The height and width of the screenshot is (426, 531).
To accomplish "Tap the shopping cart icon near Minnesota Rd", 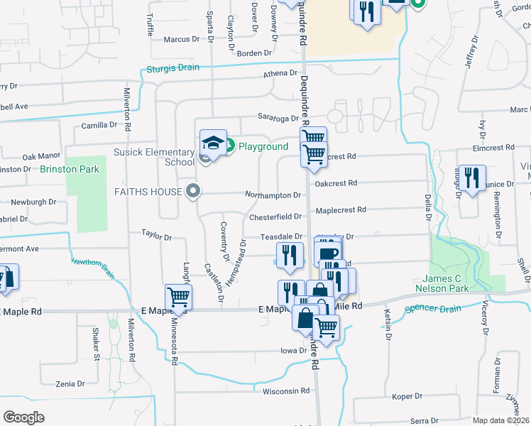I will (177, 297).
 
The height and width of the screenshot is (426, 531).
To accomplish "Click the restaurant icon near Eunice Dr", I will (472, 177).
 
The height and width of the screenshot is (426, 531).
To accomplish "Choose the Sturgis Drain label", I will (173, 69).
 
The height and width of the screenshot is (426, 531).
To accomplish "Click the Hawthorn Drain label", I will (93, 263).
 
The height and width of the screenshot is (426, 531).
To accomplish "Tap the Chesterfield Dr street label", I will (276, 217).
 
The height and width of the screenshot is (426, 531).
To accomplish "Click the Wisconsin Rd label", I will (286, 390).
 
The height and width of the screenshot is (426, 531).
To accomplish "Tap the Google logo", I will (23, 417).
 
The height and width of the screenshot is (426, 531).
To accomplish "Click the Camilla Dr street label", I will (98, 125).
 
